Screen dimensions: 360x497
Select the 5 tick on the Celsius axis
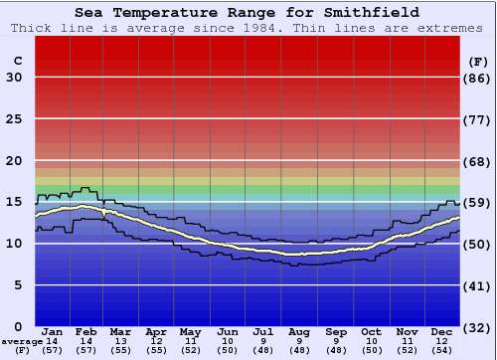17,285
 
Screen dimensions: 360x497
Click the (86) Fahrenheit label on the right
478,78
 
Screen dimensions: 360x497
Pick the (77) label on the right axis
478,119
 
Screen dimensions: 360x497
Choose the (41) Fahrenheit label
478,285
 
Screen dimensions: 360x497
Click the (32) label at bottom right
478,327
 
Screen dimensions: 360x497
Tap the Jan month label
53,331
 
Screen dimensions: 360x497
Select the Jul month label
263,331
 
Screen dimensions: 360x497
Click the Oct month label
371,331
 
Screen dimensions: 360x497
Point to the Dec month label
442,331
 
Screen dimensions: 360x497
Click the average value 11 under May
191,341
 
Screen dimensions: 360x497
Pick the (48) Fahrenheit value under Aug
299,350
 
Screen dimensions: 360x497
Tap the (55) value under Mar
119,350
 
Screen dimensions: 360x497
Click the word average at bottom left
22,341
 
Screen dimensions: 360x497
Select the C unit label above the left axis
16,61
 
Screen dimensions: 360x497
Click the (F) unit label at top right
478,61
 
